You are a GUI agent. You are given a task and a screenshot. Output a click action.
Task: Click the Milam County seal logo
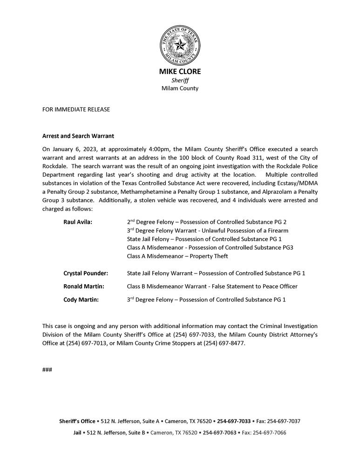[x=180, y=45]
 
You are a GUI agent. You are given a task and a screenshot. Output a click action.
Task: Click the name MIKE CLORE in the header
[x=180, y=72]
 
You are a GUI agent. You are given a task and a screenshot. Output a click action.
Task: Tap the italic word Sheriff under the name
[x=180, y=80]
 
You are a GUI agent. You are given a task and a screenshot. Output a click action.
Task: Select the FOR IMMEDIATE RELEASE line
[x=76, y=110]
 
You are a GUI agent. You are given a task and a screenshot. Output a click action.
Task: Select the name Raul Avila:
[x=78, y=222]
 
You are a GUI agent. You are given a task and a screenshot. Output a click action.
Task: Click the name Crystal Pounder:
[x=86, y=273]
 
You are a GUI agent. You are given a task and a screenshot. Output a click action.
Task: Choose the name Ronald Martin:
[x=84, y=286]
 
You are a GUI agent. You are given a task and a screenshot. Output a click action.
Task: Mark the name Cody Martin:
[x=81, y=300]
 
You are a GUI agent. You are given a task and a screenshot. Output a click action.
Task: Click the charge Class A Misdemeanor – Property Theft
[x=177, y=256]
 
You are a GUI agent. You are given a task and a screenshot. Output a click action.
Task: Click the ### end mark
[x=47, y=370]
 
